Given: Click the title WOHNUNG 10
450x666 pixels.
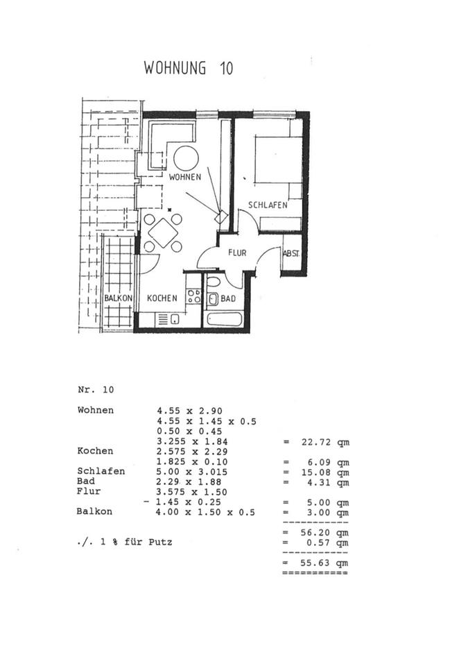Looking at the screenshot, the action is (188, 68).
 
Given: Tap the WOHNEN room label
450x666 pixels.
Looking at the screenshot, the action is (185, 177).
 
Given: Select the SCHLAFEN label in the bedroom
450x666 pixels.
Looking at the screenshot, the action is (268, 205).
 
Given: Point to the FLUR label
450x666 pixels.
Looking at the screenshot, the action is (237, 253).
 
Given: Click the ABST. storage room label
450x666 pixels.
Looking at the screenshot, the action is (291, 254).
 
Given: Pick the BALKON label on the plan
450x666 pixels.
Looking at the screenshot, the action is (119, 298).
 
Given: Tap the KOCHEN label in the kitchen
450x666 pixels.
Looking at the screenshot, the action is (162, 298).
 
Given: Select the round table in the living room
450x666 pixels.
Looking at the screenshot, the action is (186, 158).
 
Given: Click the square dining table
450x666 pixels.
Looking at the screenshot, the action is (164, 232).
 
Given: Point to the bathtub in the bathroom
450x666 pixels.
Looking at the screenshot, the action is (224, 321).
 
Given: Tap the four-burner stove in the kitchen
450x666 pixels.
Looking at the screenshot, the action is (194, 297).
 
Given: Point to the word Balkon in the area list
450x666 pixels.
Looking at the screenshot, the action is (95, 512).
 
